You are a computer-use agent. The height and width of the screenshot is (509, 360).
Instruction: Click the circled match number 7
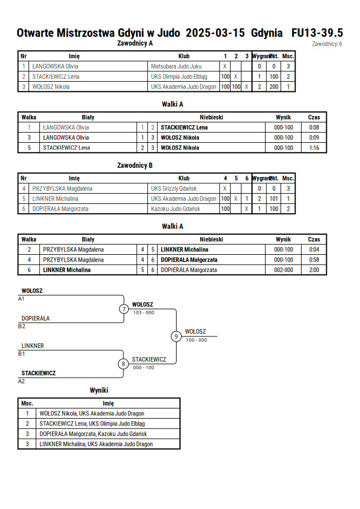[123, 308]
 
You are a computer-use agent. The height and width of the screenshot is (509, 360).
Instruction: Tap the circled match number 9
[176, 336]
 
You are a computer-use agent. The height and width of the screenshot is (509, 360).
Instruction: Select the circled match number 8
[123, 364]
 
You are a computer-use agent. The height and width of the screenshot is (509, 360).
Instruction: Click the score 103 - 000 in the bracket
[143, 312]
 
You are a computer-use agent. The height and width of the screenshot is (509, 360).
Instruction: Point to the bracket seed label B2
[21, 326]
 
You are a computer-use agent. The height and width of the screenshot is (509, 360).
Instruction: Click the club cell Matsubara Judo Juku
[176, 66]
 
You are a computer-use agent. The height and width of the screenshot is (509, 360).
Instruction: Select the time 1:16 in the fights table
[314, 148]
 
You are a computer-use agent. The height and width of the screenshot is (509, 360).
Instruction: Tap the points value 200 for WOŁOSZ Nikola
[274, 87]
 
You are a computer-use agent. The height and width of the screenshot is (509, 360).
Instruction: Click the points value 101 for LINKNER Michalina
[274, 199]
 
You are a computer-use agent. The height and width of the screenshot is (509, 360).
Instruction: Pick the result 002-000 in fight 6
[283, 270]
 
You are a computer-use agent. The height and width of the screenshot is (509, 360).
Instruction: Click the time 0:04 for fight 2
[314, 250]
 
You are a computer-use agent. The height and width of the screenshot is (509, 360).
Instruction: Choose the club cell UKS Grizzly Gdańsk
[174, 189]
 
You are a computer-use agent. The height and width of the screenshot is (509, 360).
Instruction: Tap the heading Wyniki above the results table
[99, 390]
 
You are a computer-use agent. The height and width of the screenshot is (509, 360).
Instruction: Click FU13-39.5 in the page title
[317, 33]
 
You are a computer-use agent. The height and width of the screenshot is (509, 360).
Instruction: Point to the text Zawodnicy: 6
[327, 44]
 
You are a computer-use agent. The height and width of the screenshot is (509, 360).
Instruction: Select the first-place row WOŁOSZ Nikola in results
[92, 413]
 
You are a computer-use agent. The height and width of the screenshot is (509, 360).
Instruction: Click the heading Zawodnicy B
[135, 165]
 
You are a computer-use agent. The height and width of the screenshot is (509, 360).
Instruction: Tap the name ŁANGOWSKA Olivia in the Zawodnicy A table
[55, 66]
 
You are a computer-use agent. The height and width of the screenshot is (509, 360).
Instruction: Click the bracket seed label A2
[21, 381]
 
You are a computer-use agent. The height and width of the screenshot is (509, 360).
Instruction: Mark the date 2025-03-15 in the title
[215, 33]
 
